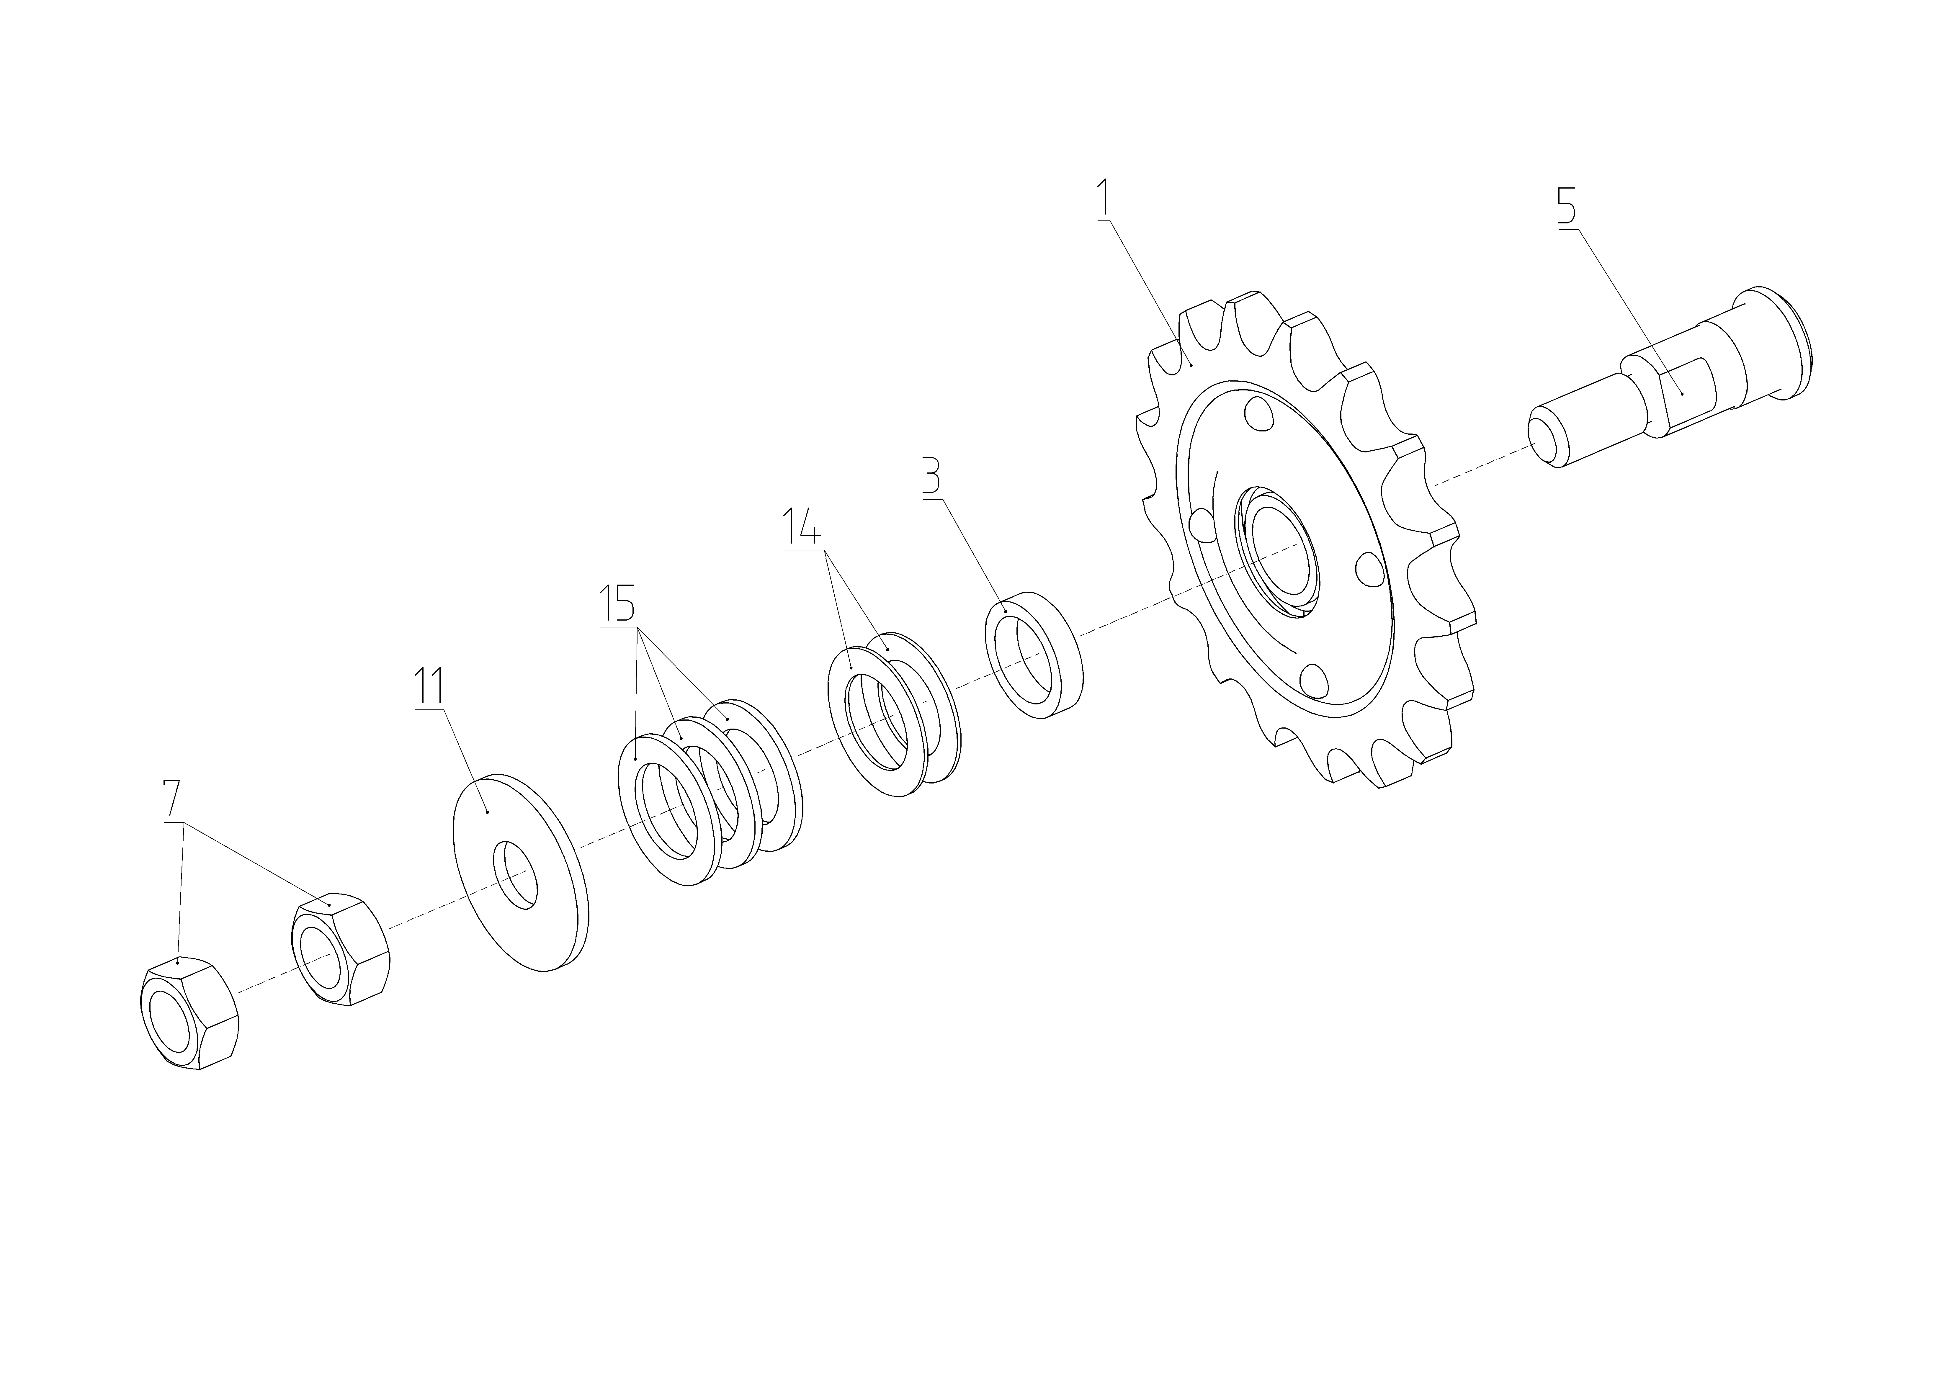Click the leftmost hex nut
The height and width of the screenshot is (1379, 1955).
tap(187, 1015)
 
